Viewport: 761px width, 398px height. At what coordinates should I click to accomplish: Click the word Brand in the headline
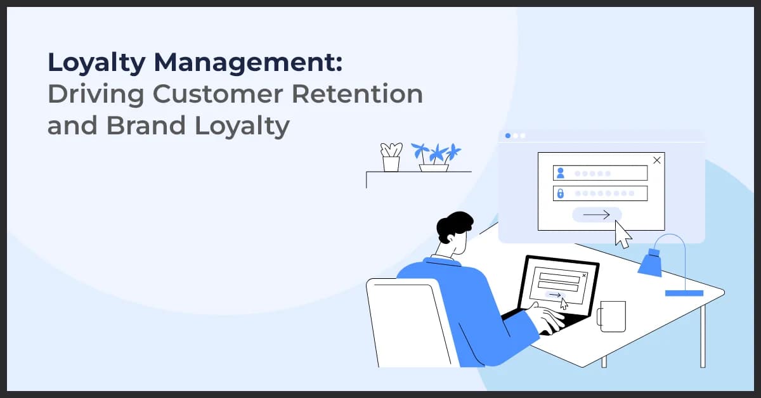(x=140, y=125)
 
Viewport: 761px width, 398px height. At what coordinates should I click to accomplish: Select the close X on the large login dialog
(x=656, y=160)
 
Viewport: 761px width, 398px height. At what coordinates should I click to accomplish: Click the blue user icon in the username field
(x=560, y=173)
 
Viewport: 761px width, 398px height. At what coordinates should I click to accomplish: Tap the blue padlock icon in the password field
(x=560, y=193)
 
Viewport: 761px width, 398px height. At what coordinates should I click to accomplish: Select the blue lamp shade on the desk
(x=650, y=263)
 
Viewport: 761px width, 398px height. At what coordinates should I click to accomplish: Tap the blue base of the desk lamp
(x=684, y=293)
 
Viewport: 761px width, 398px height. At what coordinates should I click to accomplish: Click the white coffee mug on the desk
(x=611, y=316)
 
